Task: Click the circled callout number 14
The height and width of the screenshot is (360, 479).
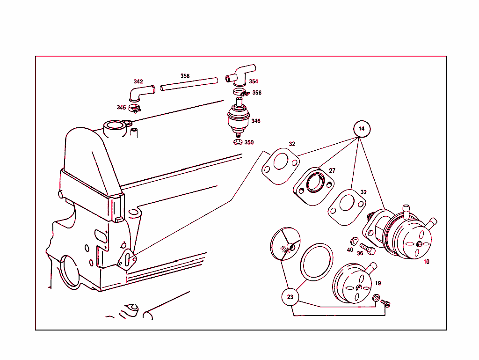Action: [361, 129]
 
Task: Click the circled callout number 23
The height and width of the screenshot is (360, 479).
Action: [290, 297]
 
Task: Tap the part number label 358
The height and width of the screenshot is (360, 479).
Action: [185, 76]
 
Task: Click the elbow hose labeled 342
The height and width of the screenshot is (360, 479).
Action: [141, 91]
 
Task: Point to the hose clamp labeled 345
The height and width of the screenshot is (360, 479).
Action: [135, 109]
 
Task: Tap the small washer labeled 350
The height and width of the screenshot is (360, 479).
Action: [238, 142]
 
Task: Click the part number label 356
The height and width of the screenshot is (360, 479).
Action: [257, 93]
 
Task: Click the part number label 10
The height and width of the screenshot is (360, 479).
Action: [426, 262]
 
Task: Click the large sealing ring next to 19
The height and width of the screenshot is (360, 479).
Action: [317, 262]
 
